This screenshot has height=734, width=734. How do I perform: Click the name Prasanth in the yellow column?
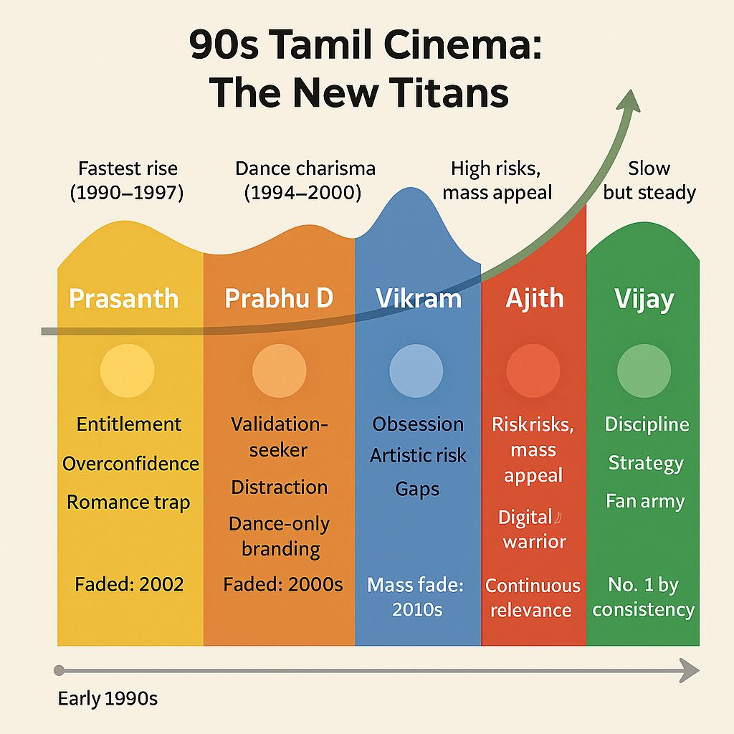(123, 298)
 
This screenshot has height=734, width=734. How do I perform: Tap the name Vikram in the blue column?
(419, 298)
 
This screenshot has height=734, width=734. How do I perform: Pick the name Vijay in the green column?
(644, 299)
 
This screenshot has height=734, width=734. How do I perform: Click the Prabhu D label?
(279, 298)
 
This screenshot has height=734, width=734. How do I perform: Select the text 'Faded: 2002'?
(129, 584)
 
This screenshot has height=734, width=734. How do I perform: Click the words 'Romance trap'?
(128, 502)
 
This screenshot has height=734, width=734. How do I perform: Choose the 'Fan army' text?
(645, 501)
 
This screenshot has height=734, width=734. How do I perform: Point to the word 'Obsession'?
(418, 424)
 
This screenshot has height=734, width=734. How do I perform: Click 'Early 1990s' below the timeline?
(108, 698)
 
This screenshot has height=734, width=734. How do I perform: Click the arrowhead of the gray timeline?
(690, 671)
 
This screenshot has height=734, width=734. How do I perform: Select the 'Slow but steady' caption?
(649, 181)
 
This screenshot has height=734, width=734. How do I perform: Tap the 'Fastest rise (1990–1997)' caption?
(128, 181)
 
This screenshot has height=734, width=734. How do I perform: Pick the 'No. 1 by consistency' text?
(643, 597)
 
